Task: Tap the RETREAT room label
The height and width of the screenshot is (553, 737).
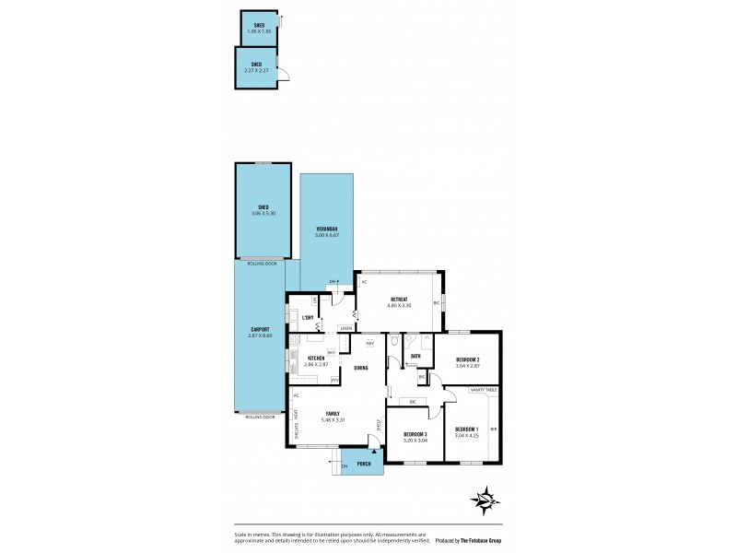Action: (399, 300)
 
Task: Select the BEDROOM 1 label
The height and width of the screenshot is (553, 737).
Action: (466, 429)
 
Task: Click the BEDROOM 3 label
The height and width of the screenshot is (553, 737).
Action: (415, 433)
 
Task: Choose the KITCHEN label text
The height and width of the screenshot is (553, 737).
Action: (316, 358)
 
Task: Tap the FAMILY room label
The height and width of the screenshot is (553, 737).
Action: (333, 414)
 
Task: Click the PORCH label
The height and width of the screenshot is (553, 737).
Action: (364, 464)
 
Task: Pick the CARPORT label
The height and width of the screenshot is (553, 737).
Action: (260, 329)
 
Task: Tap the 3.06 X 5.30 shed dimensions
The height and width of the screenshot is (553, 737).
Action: (263, 214)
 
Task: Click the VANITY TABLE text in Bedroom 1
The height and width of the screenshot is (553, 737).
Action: (483, 391)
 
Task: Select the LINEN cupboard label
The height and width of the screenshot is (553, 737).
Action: (345, 327)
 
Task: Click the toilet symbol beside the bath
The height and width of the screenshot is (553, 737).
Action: (394, 341)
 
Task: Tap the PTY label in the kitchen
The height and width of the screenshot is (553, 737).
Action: (334, 380)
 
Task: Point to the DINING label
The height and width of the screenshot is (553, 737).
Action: (361, 368)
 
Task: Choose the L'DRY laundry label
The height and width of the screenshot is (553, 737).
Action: (309, 318)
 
